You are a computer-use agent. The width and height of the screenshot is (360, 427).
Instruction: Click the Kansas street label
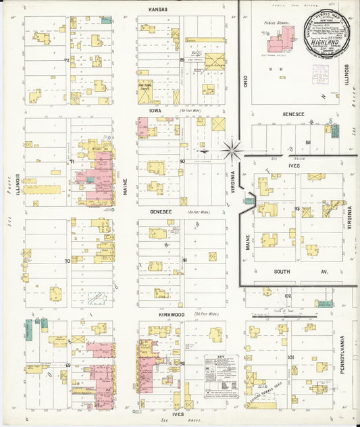(x=158, y=9)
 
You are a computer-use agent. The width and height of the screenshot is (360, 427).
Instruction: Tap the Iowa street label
(x=155, y=109)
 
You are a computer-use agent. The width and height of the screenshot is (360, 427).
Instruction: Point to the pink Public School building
(x=278, y=41)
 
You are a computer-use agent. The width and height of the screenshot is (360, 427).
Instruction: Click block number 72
(x=67, y=61)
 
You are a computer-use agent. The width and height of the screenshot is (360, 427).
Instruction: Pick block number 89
(x=182, y=61)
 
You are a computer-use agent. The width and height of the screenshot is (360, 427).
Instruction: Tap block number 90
(x=182, y=161)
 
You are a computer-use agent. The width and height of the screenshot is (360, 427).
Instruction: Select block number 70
(x=67, y=260)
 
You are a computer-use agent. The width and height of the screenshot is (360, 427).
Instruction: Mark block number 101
(x=290, y=357)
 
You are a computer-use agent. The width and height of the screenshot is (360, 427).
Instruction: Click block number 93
(x=297, y=209)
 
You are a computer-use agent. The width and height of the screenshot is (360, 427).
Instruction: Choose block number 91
(x=184, y=260)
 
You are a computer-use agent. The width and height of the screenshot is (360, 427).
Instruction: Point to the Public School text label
(x=277, y=22)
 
